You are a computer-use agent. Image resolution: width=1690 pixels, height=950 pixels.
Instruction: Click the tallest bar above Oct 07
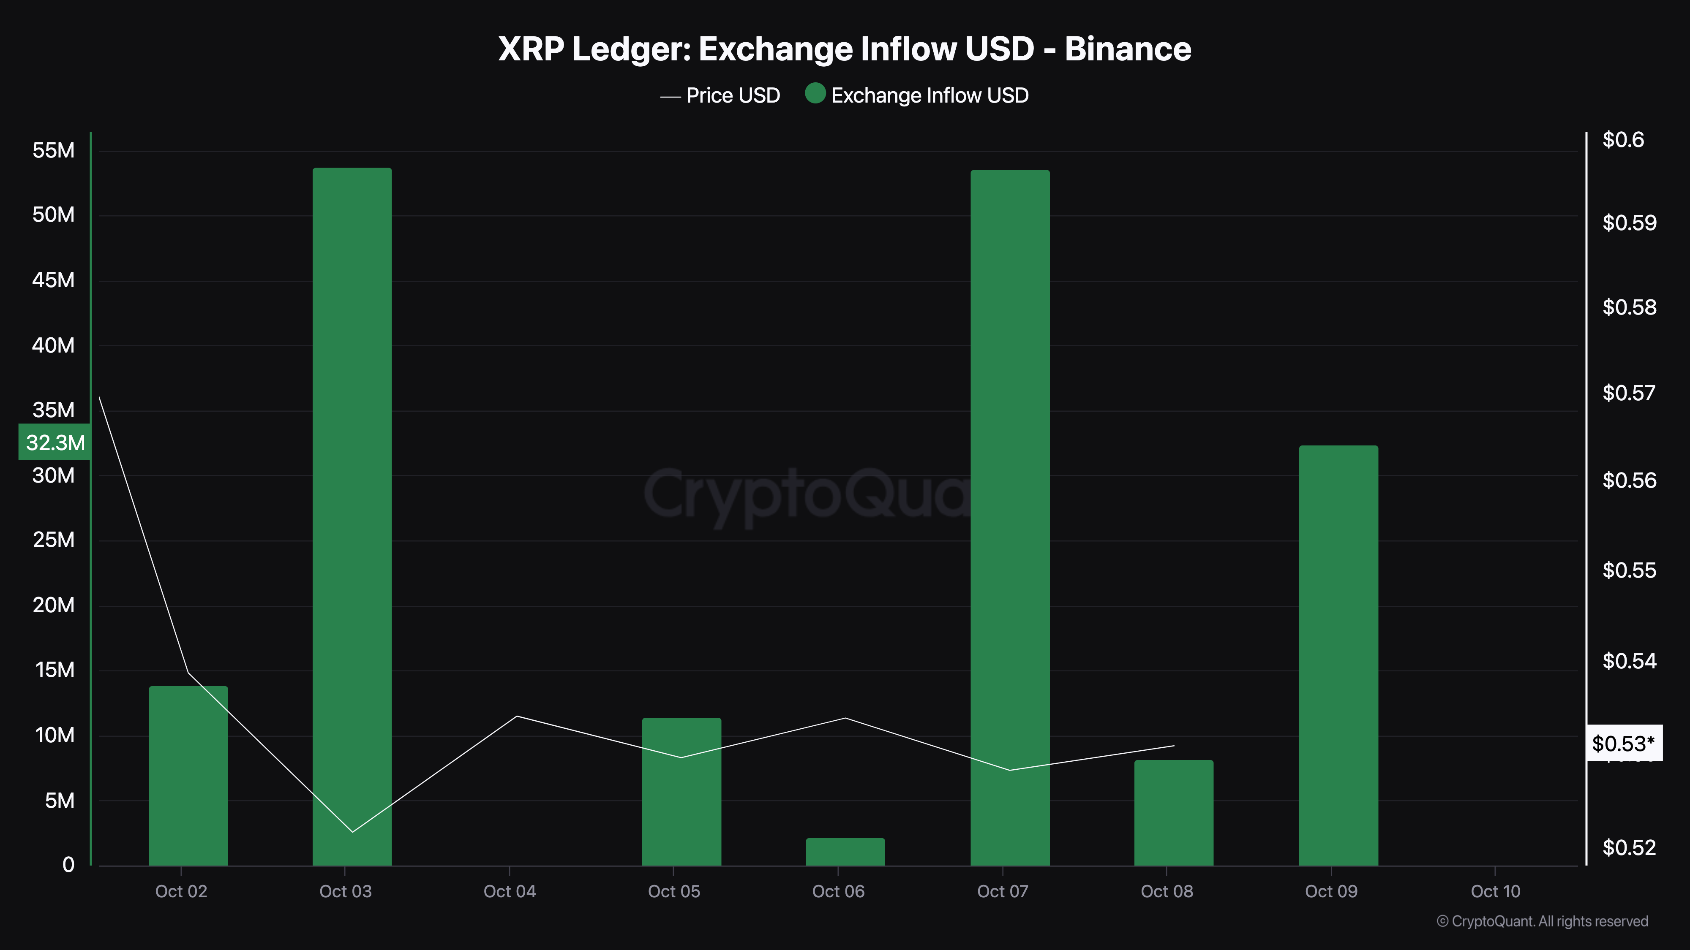point(1010,518)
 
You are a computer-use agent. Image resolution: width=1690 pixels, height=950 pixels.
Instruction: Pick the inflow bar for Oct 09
point(1338,656)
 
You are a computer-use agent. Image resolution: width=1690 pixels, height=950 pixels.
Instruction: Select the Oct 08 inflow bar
point(1174,813)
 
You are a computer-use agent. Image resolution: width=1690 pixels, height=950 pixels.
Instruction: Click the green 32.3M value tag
point(55,442)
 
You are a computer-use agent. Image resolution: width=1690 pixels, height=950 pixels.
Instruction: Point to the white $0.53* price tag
point(1623,744)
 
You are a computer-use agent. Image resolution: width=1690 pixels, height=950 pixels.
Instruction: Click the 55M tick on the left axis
point(54,150)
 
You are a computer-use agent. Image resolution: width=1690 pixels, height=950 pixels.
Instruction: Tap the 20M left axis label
point(54,605)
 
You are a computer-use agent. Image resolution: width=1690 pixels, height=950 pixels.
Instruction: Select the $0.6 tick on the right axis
point(1623,140)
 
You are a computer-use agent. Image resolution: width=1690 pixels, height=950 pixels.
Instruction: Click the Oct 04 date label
point(510,891)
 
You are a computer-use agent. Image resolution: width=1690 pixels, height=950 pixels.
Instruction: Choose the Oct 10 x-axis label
point(1495,891)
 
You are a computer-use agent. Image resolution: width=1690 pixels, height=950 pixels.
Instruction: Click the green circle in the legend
point(815,94)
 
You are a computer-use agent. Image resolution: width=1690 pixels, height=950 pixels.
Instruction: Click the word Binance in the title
point(1127,49)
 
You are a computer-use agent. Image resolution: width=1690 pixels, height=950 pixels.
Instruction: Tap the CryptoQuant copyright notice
point(1542,921)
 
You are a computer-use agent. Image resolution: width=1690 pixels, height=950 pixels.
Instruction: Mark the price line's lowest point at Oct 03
point(352,832)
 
